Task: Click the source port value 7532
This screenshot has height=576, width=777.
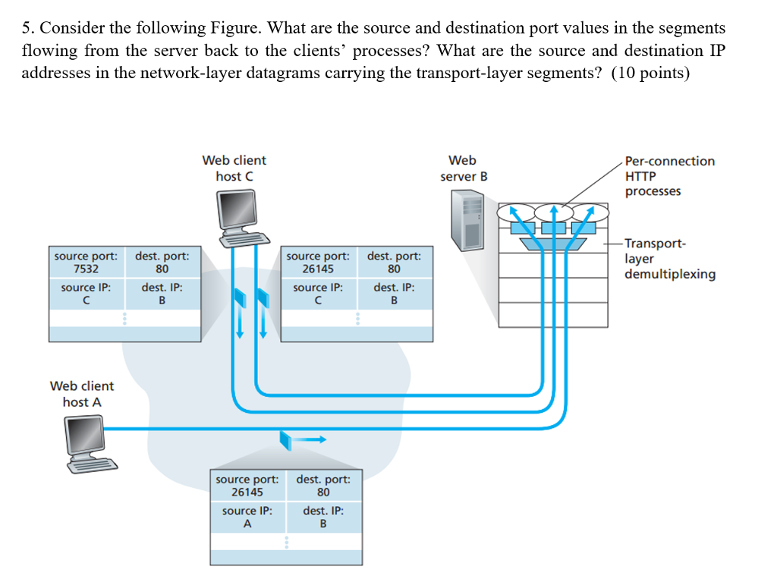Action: click(x=86, y=269)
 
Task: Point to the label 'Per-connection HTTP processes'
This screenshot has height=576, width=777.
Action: click(x=668, y=176)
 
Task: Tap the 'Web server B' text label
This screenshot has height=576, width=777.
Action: click(x=463, y=168)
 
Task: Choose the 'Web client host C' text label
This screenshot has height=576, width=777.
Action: click(x=234, y=168)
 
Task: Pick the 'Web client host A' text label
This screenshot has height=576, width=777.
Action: click(x=82, y=394)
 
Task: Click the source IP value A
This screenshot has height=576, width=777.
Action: click(x=247, y=523)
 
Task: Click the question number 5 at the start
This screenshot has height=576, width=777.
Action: click(x=27, y=29)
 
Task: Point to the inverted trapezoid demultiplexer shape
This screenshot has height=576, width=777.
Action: click(x=554, y=244)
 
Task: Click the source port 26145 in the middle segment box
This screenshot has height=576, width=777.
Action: click(x=318, y=269)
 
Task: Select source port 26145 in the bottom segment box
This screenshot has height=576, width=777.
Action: click(x=247, y=492)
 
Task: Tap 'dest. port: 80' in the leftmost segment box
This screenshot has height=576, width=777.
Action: click(x=162, y=262)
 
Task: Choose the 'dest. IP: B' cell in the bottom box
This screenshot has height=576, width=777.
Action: click(x=323, y=517)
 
